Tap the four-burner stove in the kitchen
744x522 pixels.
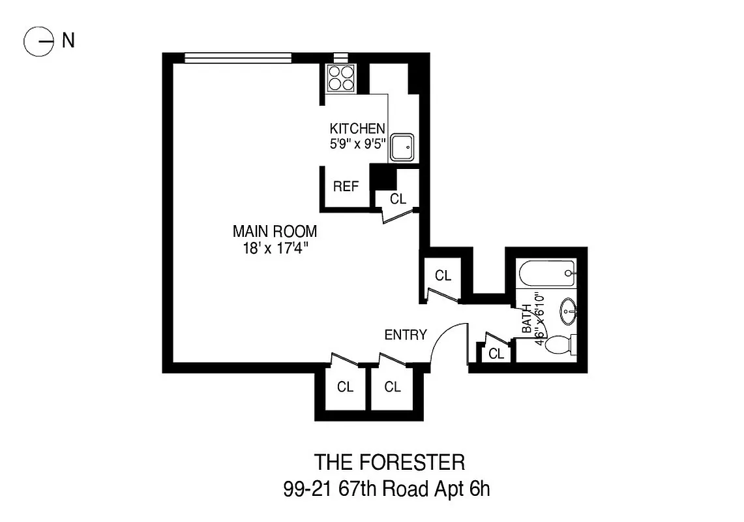coord(339,78)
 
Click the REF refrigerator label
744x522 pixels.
coord(346,187)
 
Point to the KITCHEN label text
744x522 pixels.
coord(357,129)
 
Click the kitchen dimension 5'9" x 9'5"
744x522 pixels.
coord(358,143)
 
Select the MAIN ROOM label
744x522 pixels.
coord(275,231)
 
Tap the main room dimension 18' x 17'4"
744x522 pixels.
coord(275,248)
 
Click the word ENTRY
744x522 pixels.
coord(406,335)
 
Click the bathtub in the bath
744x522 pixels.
coord(546,273)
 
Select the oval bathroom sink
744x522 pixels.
coord(568,310)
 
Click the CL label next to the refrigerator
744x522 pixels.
coord(398,199)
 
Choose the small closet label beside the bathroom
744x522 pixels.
coord(496,354)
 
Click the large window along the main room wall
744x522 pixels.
coord(237,59)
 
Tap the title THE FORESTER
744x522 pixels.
coord(390,462)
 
